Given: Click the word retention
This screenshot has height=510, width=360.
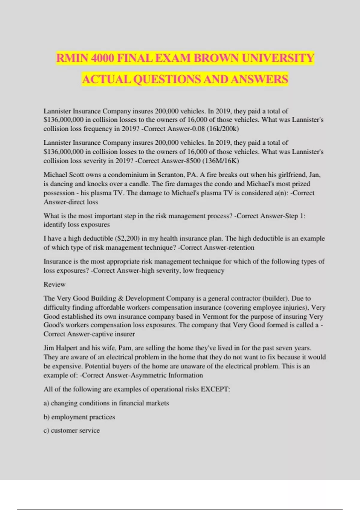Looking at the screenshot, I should coord(240,247).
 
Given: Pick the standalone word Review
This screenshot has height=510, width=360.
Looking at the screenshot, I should coord(54,284).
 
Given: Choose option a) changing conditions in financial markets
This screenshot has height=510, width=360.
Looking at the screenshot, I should coord(106,403).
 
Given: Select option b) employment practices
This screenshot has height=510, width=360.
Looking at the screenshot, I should coord(79,417).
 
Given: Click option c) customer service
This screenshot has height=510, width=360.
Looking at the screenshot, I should coord(71,430).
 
